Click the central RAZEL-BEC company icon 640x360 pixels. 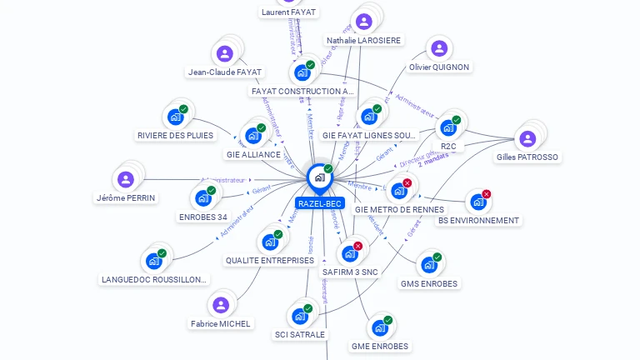(319, 177)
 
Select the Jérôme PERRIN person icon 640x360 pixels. (126, 179)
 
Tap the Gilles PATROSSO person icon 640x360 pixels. (527, 138)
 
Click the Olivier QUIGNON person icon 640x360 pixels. (439, 49)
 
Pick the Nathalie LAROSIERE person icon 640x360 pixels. (363, 22)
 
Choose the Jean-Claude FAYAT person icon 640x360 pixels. (224, 54)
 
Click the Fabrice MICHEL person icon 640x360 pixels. (221, 305)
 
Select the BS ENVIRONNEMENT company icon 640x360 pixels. (477, 202)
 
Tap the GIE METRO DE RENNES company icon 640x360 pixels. (399, 191)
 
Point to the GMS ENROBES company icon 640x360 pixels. (428, 265)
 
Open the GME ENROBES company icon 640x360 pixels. (380, 327)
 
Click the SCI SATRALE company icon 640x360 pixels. (300, 317)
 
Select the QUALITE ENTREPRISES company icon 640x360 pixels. (270, 242)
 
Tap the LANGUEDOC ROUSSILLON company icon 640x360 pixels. (153, 261)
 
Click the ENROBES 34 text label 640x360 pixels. (202, 217)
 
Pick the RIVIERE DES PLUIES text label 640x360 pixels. (175, 135)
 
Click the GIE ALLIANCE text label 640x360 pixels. (253, 154)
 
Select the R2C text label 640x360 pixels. (448, 146)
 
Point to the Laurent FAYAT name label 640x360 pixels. (288, 12)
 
